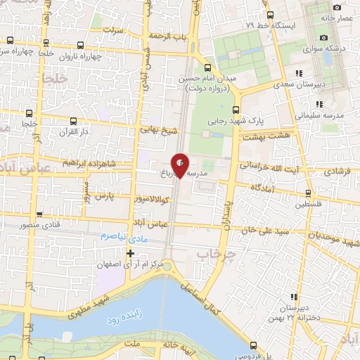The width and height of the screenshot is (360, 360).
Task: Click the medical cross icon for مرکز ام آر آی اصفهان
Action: click(x=129, y=253)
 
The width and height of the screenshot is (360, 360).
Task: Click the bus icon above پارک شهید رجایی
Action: click(x=236, y=110)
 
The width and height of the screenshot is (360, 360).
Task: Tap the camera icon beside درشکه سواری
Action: click(x=323, y=37)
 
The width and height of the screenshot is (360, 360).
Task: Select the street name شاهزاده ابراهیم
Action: click(x=87, y=162)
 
